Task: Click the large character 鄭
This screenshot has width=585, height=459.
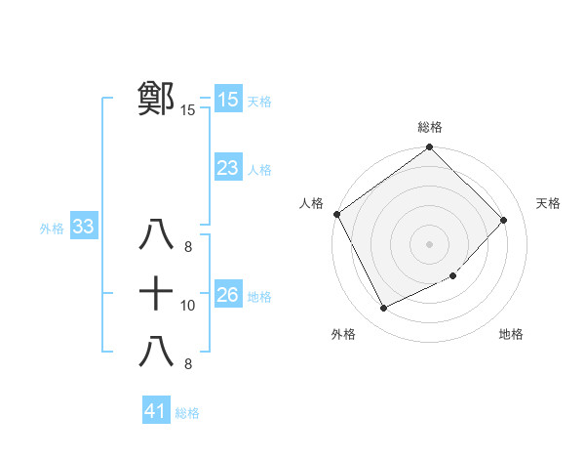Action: [156, 98]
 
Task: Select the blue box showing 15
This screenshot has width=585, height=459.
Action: [227, 100]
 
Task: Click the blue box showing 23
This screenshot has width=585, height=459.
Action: [227, 168]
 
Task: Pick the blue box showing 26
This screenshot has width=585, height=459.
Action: [227, 295]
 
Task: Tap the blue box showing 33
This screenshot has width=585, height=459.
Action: [83, 228]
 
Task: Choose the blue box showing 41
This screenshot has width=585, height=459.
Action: [156, 411]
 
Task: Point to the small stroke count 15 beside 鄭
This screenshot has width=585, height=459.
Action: [188, 111]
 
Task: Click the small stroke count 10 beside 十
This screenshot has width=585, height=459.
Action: [188, 306]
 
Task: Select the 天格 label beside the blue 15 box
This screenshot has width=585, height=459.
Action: [259, 102]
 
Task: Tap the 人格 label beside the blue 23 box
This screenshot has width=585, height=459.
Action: [259, 170]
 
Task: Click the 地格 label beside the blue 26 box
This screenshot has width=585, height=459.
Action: [259, 297]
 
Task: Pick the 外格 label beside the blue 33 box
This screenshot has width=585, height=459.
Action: [52, 229]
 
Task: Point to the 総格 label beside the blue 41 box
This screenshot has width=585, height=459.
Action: [187, 413]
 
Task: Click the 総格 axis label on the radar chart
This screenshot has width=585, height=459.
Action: [430, 127]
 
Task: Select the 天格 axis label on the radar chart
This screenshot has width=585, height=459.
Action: [549, 203]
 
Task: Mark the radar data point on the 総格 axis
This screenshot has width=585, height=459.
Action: [430, 148]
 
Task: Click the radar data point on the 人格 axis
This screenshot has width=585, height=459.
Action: [337, 214]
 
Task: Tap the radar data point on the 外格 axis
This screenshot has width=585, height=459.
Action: [383, 309]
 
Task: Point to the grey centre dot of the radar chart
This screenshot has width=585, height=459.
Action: [430, 243]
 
